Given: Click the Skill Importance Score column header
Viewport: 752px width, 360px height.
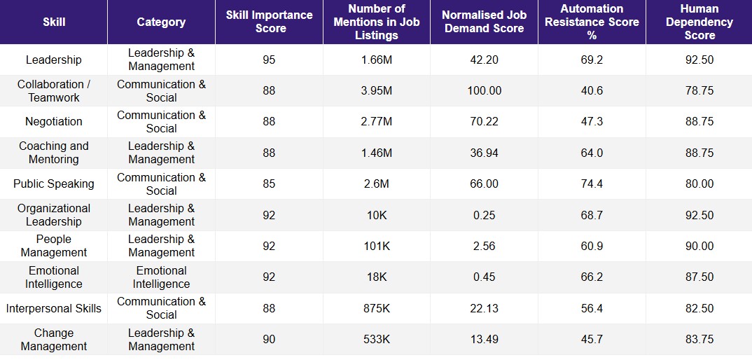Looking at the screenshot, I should click(x=270, y=22).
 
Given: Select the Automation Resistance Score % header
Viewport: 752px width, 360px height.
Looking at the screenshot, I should click(x=592, y=22).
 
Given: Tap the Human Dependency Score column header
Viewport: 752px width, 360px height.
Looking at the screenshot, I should click(x=699, y=22).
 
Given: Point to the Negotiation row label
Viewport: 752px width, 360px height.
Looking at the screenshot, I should click(x=54, y=122).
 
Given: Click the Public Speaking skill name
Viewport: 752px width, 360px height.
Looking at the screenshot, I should click(x=54, y=184).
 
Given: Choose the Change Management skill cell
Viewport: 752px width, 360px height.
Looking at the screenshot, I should click(x=54, y=340).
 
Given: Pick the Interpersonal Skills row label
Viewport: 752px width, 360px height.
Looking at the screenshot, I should click(x=54, y=309).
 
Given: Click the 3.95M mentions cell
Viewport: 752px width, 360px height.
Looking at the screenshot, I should click(x=377, y=91).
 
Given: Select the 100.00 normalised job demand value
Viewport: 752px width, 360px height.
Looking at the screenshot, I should click(x=485, y=91).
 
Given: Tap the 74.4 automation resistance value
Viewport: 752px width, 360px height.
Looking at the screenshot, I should click(x=592, y=184).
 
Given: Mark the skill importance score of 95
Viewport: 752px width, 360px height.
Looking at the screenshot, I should click(x=270, y=60).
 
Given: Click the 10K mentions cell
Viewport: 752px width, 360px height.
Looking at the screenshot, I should click(x=377, y=215).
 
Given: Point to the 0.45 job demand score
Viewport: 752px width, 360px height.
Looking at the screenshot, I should click(x=485, y=277).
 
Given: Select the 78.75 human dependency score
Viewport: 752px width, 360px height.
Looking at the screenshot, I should click(x=699, y=91).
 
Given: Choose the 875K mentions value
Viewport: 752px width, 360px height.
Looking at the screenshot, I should click(x=377, y=309).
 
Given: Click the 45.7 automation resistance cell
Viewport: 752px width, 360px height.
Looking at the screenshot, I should click(x=592, y=340).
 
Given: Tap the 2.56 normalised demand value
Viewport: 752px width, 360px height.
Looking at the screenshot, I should click(x=485, y=247).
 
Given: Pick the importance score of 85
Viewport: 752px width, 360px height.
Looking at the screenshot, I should click(x=270, y=184).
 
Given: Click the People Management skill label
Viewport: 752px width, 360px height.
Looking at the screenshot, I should click(x=54, y=247).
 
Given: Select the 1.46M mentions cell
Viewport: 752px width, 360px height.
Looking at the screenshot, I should click(x=377, y=153).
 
